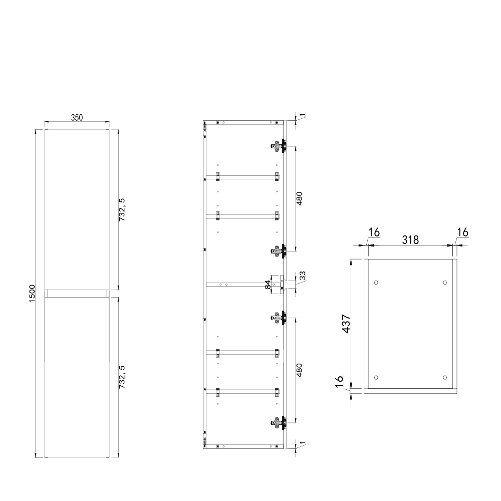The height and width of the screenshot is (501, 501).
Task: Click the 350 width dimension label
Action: point(76,118)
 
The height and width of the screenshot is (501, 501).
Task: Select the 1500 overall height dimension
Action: point(32,293)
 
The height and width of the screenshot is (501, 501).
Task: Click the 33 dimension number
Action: point(302,276)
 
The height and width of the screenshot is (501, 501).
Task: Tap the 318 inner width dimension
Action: point(410,239)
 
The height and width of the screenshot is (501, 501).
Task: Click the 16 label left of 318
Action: point(374,232)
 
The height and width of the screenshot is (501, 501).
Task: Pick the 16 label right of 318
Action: point(462,232)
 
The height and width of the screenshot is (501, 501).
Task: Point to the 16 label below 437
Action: point(339,382)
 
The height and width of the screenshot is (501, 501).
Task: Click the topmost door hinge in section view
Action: point(277,146)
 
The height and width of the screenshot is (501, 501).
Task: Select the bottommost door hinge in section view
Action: point(277,423)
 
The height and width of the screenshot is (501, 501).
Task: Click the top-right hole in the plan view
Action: point(445,283)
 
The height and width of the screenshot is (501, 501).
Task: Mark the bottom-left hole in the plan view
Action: point(376,377)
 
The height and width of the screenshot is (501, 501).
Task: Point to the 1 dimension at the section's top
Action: point(302,116)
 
